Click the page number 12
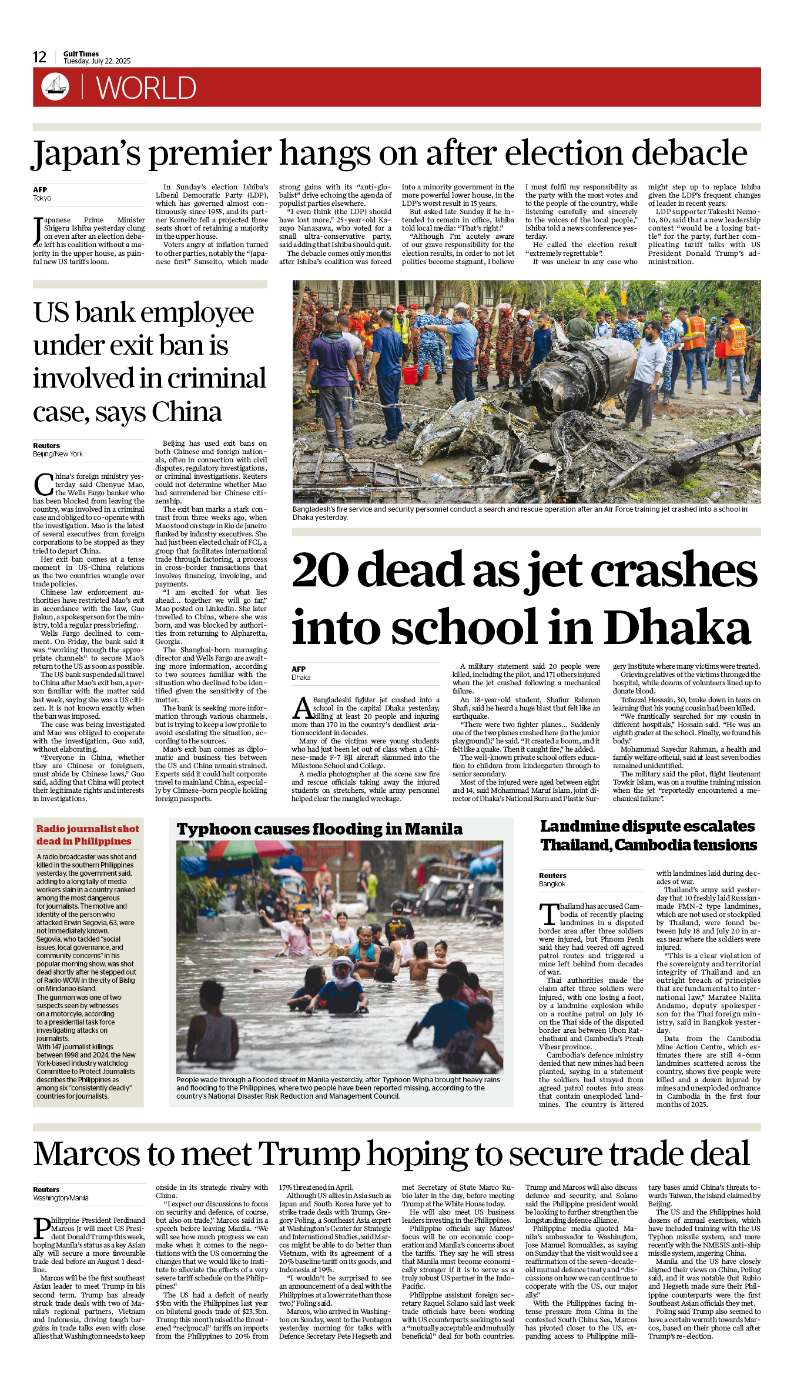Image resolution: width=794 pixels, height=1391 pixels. pos(39,57)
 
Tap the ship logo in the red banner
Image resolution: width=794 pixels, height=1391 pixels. pos(55,86)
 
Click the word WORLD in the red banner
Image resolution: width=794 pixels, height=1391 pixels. pos(146,88)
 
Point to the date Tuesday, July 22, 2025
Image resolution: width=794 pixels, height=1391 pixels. pos(97,61)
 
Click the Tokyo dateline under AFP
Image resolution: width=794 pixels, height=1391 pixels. pos(42,198)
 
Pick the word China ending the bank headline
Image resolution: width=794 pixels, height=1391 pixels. pos(187,412)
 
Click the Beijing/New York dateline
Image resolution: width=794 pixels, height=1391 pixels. pos(58,454)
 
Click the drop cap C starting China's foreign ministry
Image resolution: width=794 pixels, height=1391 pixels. pos(43,484)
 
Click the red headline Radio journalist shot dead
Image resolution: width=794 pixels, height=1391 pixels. pos(88,835)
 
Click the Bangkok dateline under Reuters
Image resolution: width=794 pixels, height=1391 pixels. pos(552,884)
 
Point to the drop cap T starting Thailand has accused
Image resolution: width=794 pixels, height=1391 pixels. pos(548,915)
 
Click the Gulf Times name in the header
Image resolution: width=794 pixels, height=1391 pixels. pos(81,54)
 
